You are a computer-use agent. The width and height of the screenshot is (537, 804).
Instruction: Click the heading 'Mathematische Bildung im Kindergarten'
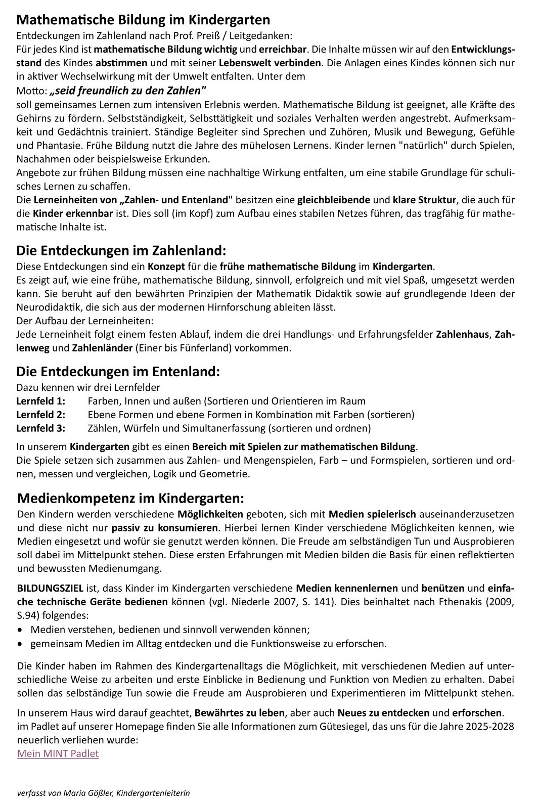[143, 20]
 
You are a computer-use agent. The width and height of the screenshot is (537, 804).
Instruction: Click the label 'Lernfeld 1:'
[41, 401]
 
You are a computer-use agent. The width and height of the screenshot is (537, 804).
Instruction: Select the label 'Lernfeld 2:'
[41, 415]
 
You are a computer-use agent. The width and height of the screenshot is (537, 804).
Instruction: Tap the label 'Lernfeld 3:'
[41, 429]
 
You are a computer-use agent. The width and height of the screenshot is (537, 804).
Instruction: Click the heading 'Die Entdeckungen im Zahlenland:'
[121, 251]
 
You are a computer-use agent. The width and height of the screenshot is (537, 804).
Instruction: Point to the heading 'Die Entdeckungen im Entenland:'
[118, 372]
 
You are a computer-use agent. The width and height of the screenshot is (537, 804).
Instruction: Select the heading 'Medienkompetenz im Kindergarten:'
[130, 498]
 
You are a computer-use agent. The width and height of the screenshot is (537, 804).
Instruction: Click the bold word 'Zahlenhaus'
[463, 335]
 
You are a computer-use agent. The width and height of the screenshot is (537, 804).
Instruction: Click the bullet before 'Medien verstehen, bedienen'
[20, 631]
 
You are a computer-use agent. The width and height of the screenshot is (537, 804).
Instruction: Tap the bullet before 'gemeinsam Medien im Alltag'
[20, 644]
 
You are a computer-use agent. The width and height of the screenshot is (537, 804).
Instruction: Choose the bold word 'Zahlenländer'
[103, 348]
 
